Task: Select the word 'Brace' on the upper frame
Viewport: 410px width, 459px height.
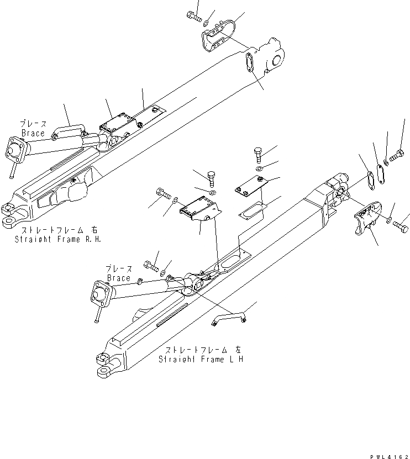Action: tap(33, 133)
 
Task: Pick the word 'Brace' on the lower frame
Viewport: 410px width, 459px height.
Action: tap(118, 278)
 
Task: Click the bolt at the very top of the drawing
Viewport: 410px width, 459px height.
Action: tap(193, 15)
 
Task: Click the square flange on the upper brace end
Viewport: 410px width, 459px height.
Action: tap(15, 152)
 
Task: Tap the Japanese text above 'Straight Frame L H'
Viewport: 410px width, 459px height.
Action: tap(202, 350)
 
